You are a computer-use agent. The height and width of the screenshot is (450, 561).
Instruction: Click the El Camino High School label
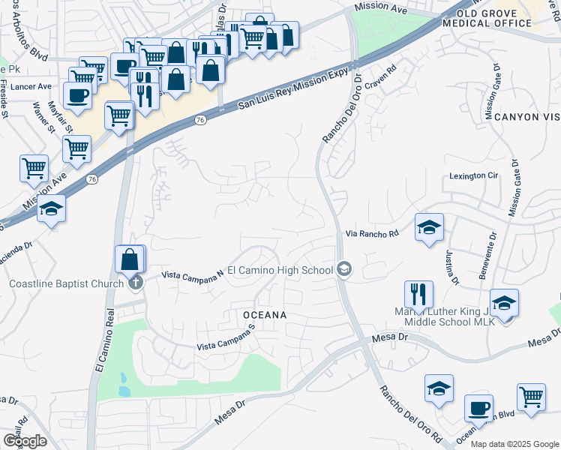pyautogui.click(x=280, y=269)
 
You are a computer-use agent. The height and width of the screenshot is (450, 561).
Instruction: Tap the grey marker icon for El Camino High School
pyautogui.click(x=344, y=268)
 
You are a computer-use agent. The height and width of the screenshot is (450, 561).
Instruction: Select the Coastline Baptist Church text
pyautogui.click(x=66, y=283)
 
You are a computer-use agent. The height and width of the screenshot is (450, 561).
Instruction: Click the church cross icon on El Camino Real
pyautogui.click(x=135, y=283)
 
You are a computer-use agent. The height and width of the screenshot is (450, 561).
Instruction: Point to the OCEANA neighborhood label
pyautogui.click(x=265, y=314)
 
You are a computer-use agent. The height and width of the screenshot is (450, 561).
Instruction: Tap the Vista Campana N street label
pyautogui.click(x=193, y=274)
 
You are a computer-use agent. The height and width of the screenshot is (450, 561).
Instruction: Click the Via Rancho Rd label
pyautogui.click(x=370, y=233)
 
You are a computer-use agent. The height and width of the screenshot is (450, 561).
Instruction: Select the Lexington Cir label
pyautogui.click(x=474, y=175)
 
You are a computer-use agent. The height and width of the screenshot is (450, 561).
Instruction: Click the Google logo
pyautogui.click(x=25, y=440)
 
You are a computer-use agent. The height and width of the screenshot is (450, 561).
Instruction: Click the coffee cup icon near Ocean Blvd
pyautogui.click(x=478, y=408)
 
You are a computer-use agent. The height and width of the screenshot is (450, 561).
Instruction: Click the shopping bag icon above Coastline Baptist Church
pyautogui.click(x=130, y=259)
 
